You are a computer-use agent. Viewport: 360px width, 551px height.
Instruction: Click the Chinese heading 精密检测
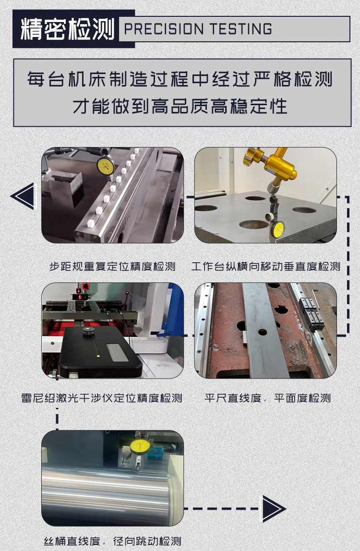click(67, 29)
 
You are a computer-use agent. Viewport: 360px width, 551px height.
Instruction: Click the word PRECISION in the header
click(164, 29)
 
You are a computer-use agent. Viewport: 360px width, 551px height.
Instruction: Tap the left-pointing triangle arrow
click(24, 196)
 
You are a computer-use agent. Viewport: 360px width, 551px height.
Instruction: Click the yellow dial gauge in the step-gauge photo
click(106, 166)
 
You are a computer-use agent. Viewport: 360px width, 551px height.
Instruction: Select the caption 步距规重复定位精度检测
click(112, 266)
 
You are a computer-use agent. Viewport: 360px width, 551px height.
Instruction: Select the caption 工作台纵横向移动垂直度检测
click(265, 266)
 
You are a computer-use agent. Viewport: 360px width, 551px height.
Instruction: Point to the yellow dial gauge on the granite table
click(278, 229)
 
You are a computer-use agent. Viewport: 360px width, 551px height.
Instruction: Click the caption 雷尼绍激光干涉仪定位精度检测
click(101, 398)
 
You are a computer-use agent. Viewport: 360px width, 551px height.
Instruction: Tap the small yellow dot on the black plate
click(98, 356)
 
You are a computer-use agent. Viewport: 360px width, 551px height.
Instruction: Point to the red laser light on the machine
click(80, 297)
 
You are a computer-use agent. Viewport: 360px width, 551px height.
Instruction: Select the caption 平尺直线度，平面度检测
click(268, 398)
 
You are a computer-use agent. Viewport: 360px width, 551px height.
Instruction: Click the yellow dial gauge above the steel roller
click(140, 446)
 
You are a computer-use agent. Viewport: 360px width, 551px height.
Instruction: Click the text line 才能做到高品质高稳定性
click(180, 106)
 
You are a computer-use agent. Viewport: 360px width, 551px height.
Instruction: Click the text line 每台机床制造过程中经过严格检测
click(180, 79)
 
